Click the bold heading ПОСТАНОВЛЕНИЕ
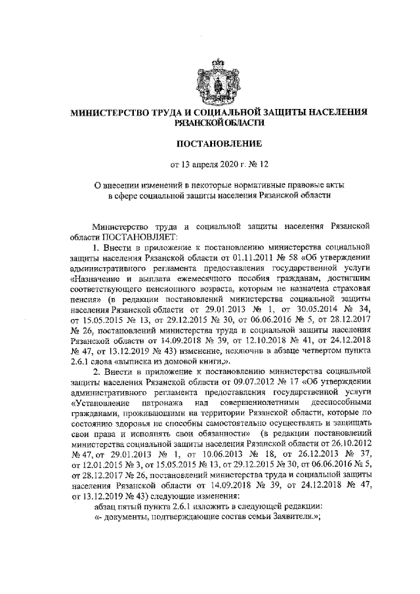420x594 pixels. (x=209, y=142)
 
